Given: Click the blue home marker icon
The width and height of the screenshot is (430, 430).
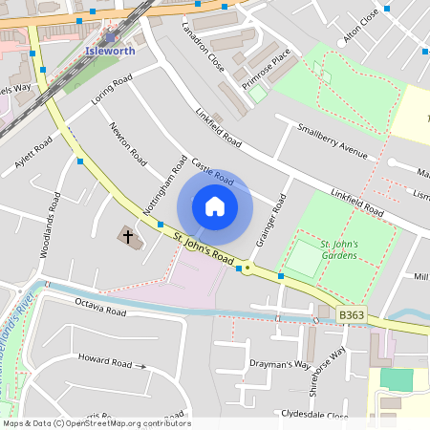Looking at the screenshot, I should (x=215, y=206).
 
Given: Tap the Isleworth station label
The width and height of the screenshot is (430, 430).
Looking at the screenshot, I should (x=110, y=51).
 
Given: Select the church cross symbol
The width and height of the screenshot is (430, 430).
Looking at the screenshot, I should (x=127, y=235).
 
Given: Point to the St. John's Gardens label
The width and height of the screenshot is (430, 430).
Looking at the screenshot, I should (x=338, y=249).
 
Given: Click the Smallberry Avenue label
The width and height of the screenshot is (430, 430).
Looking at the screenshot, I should (x=332, y=140).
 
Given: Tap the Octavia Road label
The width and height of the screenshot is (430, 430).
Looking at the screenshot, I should (x=100, y=310).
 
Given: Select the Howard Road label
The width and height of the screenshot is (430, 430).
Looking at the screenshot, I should (x=106, y=362).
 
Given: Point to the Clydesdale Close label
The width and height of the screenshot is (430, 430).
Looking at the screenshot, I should (x=314, y=415).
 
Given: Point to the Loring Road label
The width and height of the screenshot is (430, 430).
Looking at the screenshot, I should (x=111, y=93).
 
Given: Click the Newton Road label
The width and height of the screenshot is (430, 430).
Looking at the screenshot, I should (x=127, y=141).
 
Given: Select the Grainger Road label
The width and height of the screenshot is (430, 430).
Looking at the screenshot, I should (x=271, y=222).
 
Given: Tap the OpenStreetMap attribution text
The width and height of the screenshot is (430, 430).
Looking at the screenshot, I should (x=96, y=422).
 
